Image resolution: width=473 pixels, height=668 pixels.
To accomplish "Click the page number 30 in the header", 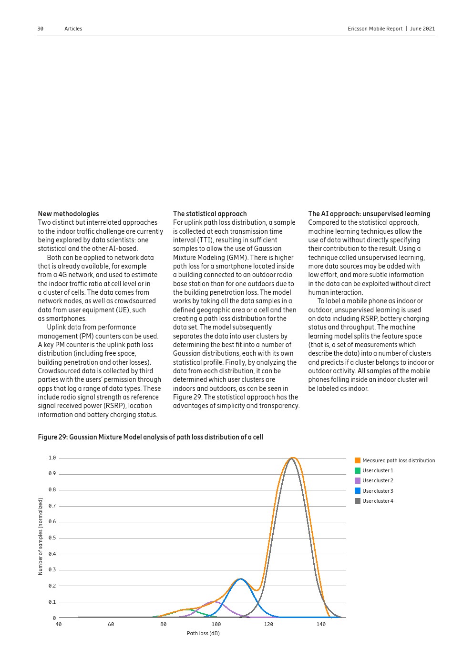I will (x=40, y=29).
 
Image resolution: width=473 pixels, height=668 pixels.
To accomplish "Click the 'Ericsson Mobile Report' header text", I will (x=375, y=29).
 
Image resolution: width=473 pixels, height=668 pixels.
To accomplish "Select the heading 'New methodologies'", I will (x=68, y=214).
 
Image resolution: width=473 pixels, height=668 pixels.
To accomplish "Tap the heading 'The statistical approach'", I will (x=210, y=214).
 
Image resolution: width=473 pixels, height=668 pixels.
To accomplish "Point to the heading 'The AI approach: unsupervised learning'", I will (x=369, y=214).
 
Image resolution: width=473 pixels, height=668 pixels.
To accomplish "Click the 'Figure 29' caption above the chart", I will (x=150, y=437).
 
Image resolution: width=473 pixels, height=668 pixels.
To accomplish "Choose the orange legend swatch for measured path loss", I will (x=358, y=460).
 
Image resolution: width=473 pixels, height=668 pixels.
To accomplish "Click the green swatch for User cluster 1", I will (x=358, y=470).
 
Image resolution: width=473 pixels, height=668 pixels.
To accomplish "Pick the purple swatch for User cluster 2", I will (x=358, y=481).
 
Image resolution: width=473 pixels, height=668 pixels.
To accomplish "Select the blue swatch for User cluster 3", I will (x=358, y=491).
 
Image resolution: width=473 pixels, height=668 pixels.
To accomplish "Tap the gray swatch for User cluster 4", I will (x=358, y=501).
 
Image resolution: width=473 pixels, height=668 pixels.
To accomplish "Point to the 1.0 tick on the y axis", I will (x=52, y=458).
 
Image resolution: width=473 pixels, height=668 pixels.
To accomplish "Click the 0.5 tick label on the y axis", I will (x=52, y=538).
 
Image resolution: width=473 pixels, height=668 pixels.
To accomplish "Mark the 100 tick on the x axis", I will (x=216, y=624).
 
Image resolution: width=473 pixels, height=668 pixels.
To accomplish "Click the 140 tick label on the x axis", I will (x=321, y=624).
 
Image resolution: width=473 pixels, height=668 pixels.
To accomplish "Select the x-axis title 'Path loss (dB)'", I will (x=203, y=633).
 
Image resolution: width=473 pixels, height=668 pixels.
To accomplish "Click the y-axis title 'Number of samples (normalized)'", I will (x=41, y=536).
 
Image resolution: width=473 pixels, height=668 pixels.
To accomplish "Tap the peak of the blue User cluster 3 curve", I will (x=241, y=579).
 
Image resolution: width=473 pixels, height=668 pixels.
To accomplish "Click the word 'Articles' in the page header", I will (x=73, y=29).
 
